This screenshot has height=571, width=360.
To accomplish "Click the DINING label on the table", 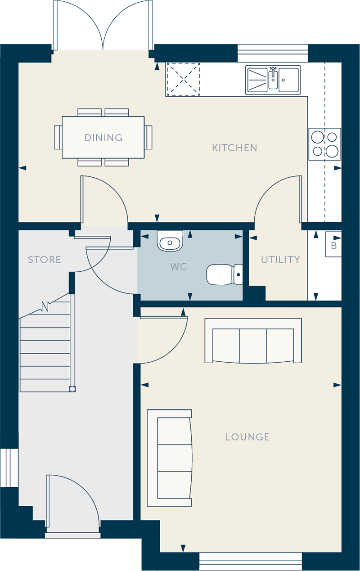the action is (x=103, y=138).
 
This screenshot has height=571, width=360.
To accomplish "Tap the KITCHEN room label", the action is (x=234, y=148).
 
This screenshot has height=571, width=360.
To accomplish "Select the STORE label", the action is (x=45, y=260).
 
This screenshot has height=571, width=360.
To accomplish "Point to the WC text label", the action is (x=179, y=267).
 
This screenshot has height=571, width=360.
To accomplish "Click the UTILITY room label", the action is (x=280, y=260).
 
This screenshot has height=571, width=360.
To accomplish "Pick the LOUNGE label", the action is (x=247, y=437).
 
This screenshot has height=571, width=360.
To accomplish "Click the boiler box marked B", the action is (x=333, y=244).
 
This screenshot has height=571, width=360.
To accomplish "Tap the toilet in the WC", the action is (x=225, y=274).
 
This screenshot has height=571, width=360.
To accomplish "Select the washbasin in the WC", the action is (x=170, y=241).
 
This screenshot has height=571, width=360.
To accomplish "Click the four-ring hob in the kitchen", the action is (x=325, y=144).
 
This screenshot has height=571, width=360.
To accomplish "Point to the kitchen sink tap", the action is (x=273, y=74).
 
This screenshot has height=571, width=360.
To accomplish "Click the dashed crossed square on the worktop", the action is (x=183, y=79).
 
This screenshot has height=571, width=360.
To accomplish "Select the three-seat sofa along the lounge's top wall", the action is (x=253, y=341).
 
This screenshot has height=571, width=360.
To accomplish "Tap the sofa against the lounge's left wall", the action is (x=170, y=458).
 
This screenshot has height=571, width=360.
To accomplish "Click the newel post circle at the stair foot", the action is (x=72, y=389).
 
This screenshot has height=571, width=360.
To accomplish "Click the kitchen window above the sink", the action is (x=273, y=53).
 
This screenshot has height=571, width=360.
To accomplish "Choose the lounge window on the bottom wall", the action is (x=250, y=562).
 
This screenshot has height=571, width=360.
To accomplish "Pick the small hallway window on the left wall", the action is (x=9, y=468).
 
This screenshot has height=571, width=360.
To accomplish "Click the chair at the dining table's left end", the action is (x=58, y=137).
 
